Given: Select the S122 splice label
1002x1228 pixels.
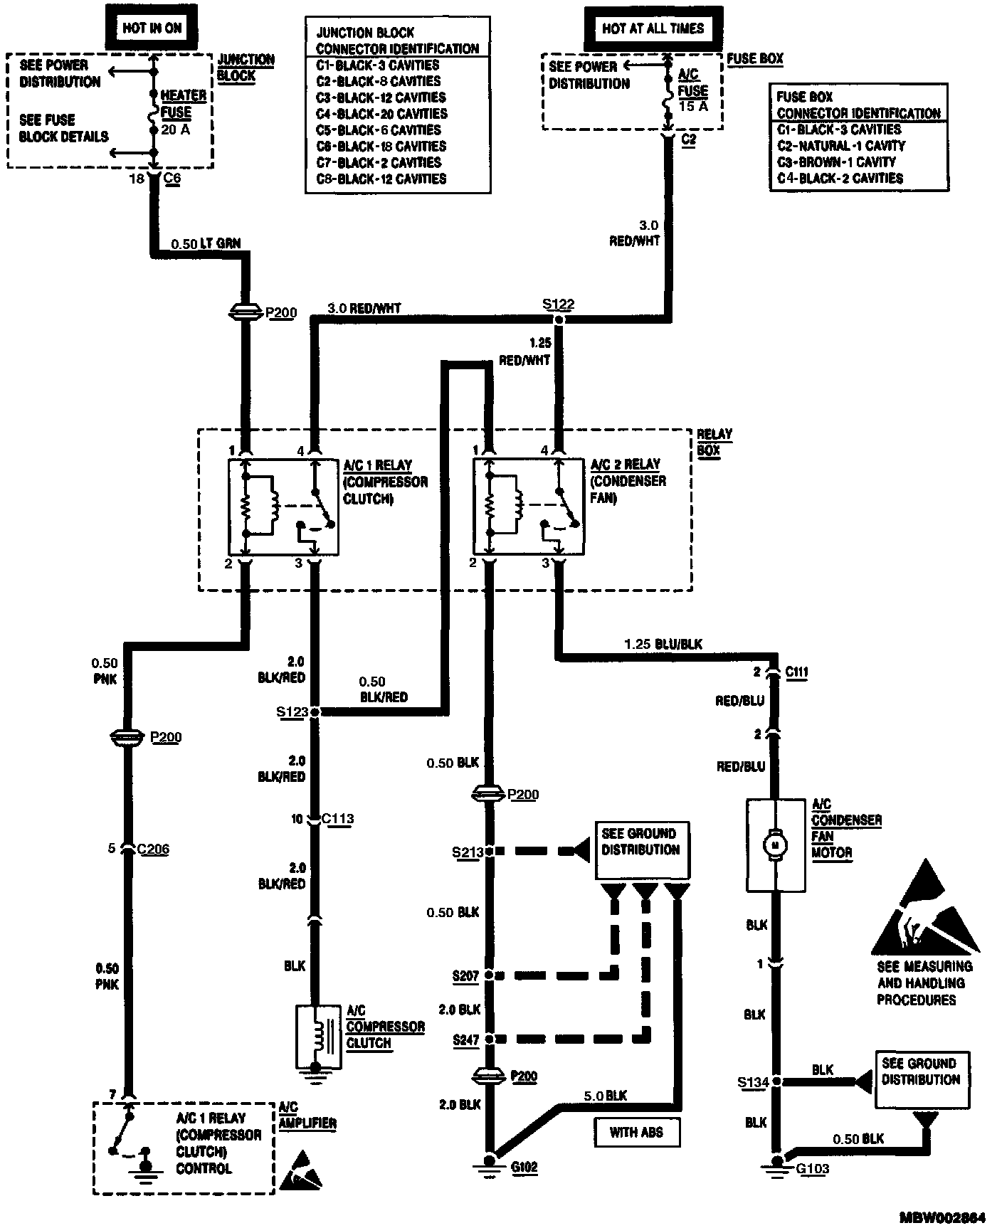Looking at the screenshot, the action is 558,305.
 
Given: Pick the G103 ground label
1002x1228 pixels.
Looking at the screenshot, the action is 812,1168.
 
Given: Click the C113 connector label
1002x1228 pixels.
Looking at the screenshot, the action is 337,819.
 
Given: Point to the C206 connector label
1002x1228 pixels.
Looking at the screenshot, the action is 153,848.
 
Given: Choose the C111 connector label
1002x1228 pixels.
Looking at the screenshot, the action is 796,672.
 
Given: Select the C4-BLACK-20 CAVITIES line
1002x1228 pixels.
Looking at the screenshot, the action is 381,114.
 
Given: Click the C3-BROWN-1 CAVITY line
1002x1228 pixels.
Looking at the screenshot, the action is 836,162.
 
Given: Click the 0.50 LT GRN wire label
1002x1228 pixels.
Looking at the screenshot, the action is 206,243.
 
